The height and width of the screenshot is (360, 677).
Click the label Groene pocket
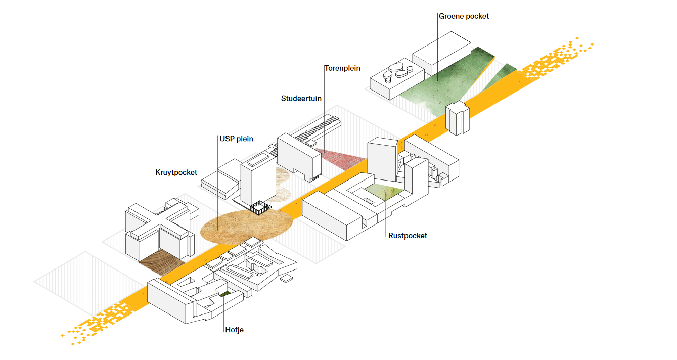tap(464, 16)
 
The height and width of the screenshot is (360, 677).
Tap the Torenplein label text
tap(342, 68)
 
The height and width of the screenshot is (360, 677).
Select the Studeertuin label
tap(301, 99)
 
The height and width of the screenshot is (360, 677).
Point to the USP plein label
tap(236, 139)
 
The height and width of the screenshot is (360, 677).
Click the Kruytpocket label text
tap(176, 172)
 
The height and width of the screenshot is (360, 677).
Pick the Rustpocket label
tap(408, 236)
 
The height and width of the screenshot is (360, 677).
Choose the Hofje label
tap(235, 330)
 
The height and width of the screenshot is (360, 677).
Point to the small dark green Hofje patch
tap(224, 295)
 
